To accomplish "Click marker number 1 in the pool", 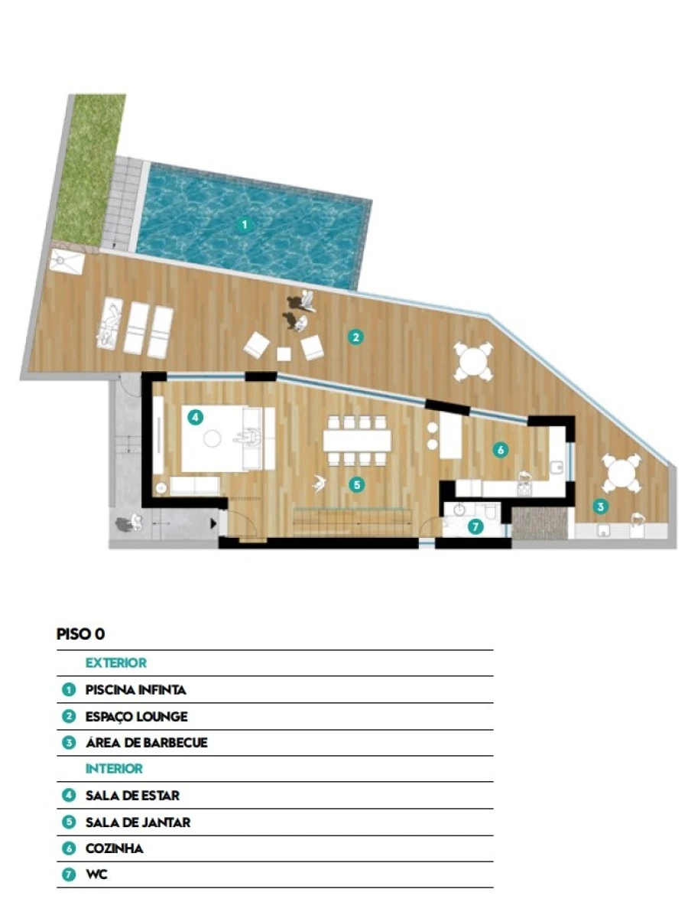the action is (x=245, y=224).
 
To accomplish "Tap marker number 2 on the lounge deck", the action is (x=355, y=337).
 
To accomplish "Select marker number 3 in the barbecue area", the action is (x=600, y=507).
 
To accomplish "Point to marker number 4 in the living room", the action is (x=196, y=417).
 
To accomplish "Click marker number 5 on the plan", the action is (x=357, y=484).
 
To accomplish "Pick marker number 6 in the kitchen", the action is (x=501, y=450).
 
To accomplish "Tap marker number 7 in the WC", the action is (x=475, y=526).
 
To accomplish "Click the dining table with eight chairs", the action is (x=357, y=441).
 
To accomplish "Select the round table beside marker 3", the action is (x=621, y=474).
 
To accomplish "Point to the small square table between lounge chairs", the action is (x=284, y=354).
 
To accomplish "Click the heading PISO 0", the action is (x=80, y=634).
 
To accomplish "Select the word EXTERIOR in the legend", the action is (x=116, y=663).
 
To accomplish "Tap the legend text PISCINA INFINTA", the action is (x=136, y=689).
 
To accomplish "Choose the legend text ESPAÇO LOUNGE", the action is (x=136, y=716).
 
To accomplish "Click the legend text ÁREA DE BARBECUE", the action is (x=146, y=742).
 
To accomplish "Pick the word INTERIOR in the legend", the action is (x=114, y=768).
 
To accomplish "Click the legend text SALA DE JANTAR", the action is (x=138, y=822).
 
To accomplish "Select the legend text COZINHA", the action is (x=114, y=849).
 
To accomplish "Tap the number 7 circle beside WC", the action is (x=69, y=875).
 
